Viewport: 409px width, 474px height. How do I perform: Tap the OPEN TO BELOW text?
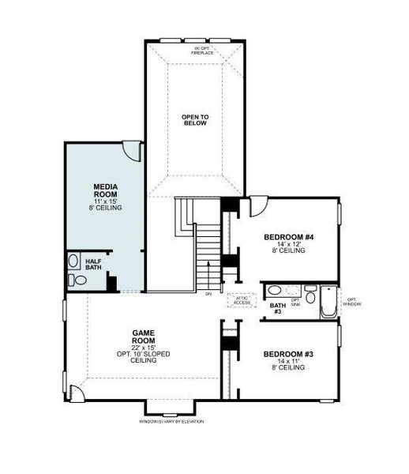pos(193,120)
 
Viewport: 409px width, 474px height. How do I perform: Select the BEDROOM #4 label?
pos(288,237)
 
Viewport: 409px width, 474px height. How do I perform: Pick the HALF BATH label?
pos(93,265)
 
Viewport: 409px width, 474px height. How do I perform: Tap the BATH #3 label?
pos(276,308)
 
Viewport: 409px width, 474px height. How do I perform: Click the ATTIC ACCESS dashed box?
pos(239,300)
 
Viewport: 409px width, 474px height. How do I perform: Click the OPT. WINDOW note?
pos(352,302)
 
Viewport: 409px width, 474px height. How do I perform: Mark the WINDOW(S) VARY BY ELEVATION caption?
pos(171,421)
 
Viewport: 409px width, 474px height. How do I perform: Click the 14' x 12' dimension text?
pos(288,245)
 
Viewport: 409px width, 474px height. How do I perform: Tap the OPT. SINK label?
pos(295,302)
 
